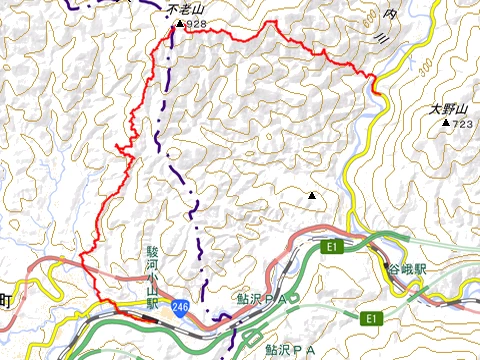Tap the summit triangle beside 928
tap(179, 23)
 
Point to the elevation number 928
tap(196, 23)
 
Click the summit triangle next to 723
tap(445, 123)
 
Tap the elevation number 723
tap(461, 124)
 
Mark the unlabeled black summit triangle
tap(312, 196)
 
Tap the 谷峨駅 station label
tap(408, 269)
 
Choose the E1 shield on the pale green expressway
tap(371, 319)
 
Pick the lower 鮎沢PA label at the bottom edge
tap(290, 350)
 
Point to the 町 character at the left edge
tap(5, 299)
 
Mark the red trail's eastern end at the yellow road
tap(377, 92)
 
